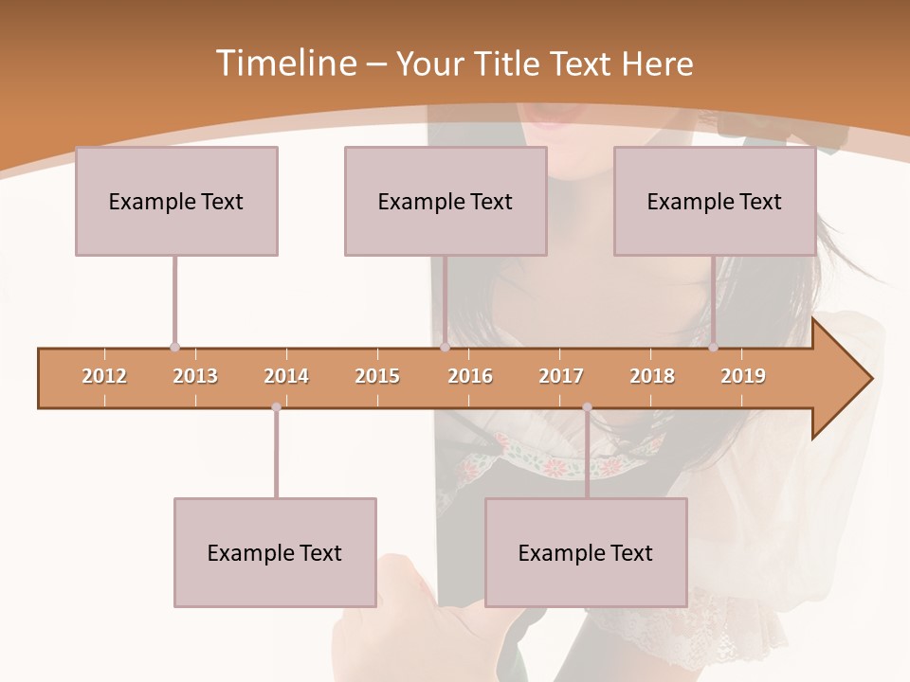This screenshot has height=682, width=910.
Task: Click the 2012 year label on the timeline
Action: [104, 377]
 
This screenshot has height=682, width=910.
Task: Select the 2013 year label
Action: [195, 377]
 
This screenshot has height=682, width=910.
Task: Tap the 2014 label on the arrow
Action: [286, 377]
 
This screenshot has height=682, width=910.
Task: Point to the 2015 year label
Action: [377, 377]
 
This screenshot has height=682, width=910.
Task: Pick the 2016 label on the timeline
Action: [470, 377]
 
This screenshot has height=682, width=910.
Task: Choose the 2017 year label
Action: [561, 377]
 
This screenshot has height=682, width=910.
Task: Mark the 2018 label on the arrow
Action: [652, 377]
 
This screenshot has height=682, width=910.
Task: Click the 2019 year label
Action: [743, 377]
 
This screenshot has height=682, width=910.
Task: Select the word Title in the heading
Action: [511, 64]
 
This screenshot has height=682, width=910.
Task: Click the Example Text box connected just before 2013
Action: [176, 201]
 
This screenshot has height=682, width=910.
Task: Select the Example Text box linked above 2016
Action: [446, 201]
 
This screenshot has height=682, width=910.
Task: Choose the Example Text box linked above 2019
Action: [715, 201]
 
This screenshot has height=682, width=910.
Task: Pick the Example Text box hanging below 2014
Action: [275, 552]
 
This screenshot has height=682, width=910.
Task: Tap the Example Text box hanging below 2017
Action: [586, 552]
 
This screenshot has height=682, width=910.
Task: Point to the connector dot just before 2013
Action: [174, 348]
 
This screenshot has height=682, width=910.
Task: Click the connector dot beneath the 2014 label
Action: [276, 407]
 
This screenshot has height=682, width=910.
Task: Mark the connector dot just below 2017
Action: [587, 407]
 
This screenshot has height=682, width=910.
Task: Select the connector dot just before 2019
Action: [713, 348]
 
